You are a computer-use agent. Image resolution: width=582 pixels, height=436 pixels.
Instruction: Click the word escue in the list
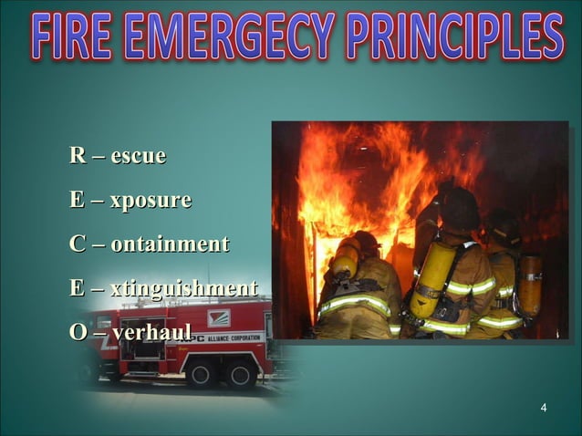pos(138,157)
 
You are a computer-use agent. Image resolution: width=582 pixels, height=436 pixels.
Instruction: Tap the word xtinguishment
pos(183,289)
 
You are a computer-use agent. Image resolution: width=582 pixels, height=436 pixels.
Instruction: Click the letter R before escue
pos(77,157)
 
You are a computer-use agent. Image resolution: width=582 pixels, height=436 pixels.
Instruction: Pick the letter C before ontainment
pos(77,244)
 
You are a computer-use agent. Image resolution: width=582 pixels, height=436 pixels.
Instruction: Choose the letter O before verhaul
pos(78,333)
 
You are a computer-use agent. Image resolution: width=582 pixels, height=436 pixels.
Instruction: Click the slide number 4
pos(544,407)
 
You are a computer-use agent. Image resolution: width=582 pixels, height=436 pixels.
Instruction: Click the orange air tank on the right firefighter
pos(529,285)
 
